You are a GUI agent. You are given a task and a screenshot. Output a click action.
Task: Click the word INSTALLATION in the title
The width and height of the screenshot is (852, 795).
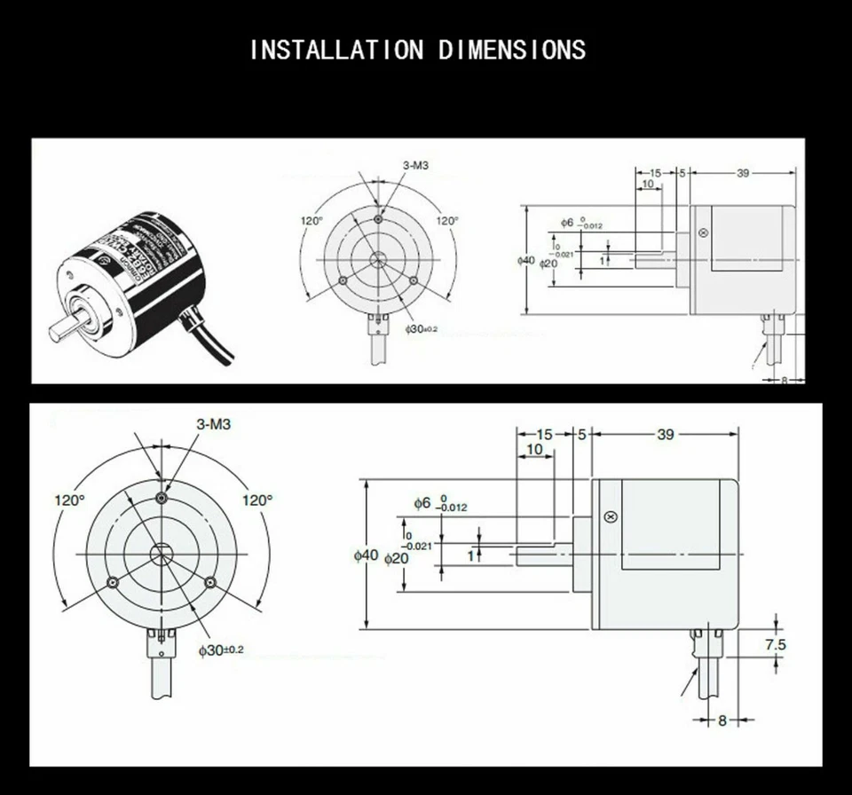click(336, 50)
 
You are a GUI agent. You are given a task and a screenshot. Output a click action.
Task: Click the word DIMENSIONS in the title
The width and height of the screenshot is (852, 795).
click(512, 50)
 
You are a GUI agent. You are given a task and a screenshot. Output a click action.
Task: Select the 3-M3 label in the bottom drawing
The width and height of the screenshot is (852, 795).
click(213, 425)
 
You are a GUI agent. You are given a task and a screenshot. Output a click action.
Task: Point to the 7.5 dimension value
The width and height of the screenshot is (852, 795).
click(775, 645)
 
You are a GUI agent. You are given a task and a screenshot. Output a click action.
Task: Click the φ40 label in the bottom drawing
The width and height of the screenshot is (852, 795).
click(366, 555)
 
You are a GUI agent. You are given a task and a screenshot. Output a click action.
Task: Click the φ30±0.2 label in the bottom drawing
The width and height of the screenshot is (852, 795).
click(220, 650)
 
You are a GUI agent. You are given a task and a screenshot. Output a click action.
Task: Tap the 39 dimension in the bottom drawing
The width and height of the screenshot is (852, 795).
click(665, 434)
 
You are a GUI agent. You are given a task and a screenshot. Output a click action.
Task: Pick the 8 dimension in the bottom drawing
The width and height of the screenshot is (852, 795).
click(722, 720)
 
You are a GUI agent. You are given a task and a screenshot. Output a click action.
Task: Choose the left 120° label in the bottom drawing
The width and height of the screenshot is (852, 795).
click(68, 500)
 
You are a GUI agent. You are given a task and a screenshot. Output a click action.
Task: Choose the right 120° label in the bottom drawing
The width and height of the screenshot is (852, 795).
click(257, 500)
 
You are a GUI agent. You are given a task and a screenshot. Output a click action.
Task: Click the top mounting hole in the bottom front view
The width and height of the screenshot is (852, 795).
click(161, 498)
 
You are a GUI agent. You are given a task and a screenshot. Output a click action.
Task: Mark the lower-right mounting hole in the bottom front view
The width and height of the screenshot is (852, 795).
click(210, 581)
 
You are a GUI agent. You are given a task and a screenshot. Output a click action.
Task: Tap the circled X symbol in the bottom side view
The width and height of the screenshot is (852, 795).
click(609, 517)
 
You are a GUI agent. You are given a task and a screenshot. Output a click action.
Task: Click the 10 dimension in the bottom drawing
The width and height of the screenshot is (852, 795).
click(534, 450)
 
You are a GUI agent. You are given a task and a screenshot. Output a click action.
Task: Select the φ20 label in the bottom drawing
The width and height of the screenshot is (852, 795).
click(396, 559)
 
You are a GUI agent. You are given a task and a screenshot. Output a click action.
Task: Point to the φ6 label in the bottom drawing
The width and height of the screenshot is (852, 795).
click(422, 503)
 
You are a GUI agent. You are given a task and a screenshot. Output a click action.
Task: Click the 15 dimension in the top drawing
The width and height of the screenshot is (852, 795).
click(655, 173)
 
